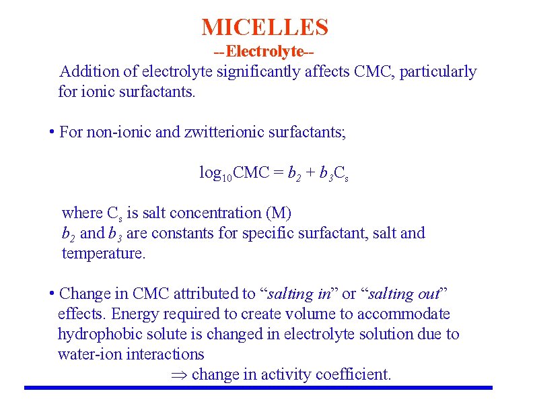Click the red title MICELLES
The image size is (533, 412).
pos(265,28)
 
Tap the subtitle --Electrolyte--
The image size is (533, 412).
pos(264,51)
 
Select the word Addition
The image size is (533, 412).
pos(85,71)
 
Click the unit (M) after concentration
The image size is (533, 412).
pos(279,213)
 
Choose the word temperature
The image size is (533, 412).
pos(103,254)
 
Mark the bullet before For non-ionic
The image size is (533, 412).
pos(52,131)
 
